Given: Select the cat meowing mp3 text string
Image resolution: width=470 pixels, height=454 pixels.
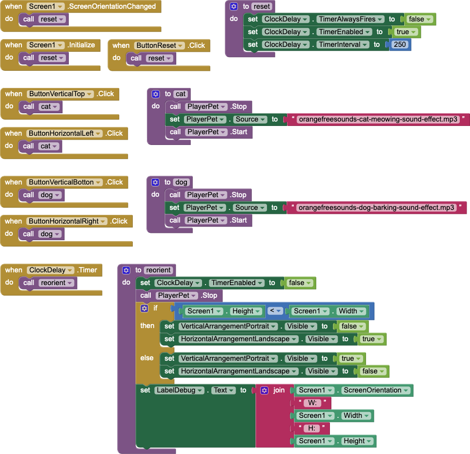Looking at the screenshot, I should tap(378, 119).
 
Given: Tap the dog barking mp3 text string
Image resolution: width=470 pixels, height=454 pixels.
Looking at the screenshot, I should tap(376, 207).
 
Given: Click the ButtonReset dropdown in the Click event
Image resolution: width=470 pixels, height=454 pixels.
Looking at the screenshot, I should tap(160, 45).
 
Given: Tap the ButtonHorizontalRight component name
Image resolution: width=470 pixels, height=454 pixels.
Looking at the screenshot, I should tap(67, 221).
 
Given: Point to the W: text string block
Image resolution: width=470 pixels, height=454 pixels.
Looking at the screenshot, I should tap(312, 403).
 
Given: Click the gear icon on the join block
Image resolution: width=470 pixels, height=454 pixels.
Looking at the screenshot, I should tap(265, 390).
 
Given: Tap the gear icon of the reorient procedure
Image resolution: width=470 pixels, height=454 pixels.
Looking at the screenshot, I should tap(126, 270).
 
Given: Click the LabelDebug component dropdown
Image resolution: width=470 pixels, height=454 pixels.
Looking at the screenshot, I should tap(179, 390).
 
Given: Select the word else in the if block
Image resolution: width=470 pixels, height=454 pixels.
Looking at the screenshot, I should tap(147, 358).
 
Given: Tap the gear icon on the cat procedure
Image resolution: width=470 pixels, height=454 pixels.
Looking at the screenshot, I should tap(155, 94).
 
